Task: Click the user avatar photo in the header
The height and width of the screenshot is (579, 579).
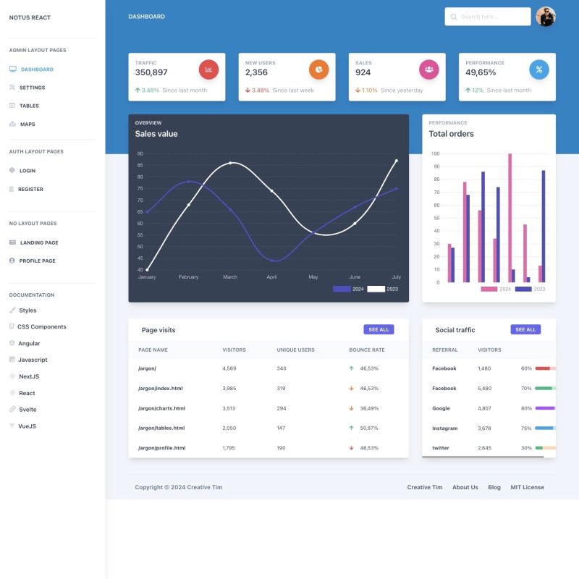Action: (546, 17)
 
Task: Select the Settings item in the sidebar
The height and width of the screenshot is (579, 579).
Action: (32, 88)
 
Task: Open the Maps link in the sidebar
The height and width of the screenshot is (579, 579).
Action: (28, 124)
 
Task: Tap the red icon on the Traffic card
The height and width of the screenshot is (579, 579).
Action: (208, 69)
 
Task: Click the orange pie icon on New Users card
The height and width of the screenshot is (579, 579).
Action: (318, 69)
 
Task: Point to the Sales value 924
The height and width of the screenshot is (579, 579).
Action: (363, 72)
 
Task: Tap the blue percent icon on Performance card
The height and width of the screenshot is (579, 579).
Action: (538, 69)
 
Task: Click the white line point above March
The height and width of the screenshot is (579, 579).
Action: (230, 163)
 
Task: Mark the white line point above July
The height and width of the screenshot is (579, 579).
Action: (397, 161)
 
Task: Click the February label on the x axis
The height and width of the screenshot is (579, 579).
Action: (188, 277)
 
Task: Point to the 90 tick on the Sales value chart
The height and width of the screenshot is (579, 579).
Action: (140, 153)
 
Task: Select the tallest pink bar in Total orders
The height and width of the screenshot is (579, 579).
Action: (510, 217)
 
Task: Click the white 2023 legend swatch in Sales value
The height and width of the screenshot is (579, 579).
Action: (376, 289)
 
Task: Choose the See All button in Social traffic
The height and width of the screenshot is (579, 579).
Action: (525, 329)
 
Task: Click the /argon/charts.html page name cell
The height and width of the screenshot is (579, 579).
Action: (161, 408)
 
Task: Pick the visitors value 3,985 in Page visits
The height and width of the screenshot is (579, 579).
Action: (229, 388)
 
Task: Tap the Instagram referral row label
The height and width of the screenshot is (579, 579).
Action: (444, 428)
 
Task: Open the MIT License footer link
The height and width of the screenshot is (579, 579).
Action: (527, 487)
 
